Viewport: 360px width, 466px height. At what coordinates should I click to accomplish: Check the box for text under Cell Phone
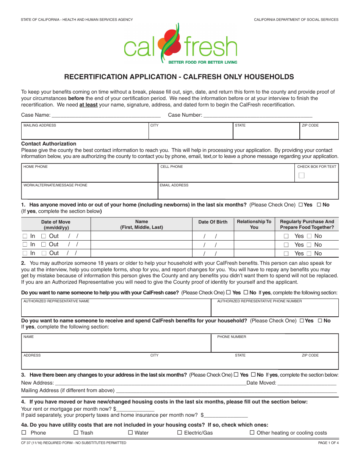301,175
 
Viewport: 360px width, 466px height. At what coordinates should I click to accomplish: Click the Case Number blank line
258,115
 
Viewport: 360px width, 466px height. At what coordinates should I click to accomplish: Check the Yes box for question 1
301,205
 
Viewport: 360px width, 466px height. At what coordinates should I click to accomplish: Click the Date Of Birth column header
213,222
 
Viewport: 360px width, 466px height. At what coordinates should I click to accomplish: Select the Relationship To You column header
254,224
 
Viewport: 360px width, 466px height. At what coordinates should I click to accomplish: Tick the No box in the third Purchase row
309,253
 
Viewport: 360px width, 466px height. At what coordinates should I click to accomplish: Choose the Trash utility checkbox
76,433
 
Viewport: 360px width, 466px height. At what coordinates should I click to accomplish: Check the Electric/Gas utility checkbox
180,433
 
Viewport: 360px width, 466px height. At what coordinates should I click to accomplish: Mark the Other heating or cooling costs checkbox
252,433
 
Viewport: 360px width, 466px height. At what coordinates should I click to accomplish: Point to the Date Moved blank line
307,383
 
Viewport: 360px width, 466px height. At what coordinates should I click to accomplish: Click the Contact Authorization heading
49,144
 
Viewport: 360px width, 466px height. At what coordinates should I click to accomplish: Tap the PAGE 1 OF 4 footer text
328,443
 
